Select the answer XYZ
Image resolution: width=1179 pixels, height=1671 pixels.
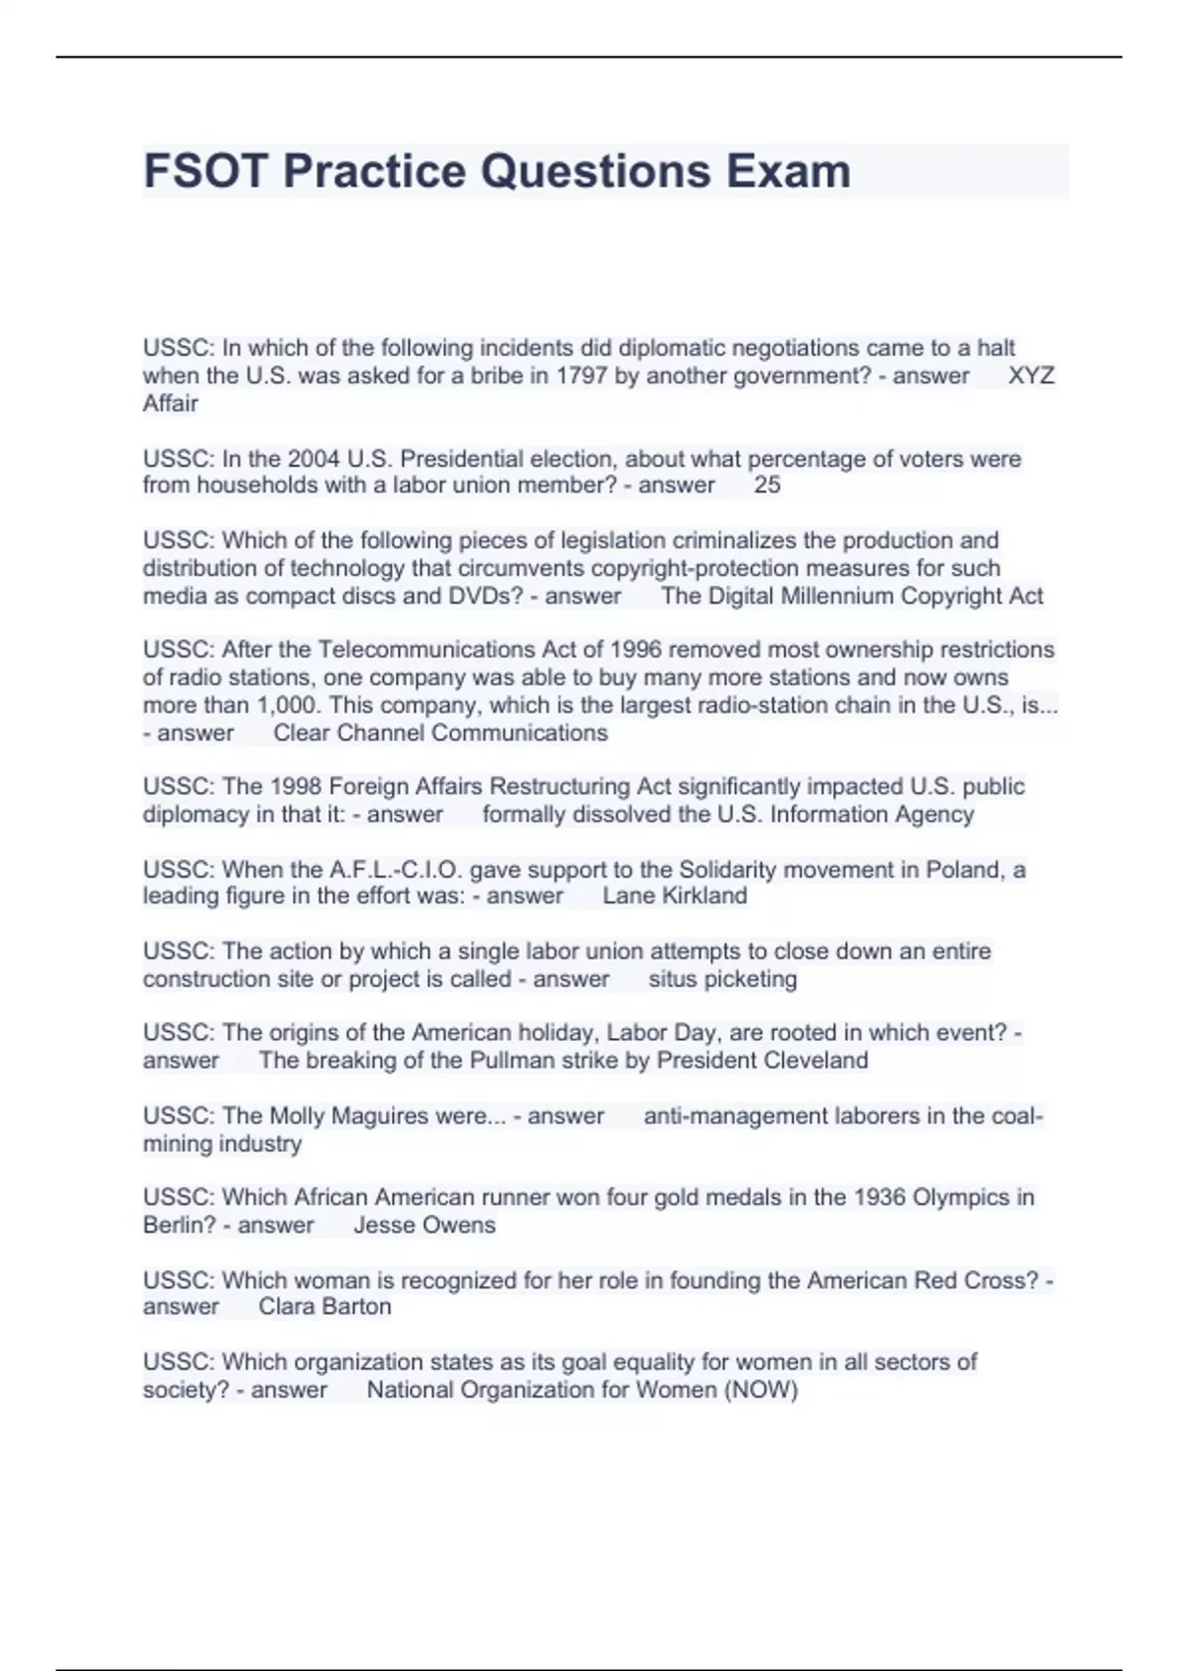click(1032, 375)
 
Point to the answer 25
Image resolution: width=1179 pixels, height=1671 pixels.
click(767, 485)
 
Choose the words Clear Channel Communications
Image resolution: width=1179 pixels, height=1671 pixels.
click(440, 732)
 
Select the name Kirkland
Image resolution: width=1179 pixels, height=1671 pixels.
click(704, 895)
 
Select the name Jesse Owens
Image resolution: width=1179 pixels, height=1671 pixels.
click(424, 1225)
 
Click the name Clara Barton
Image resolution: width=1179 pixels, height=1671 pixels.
click(324, 1306)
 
